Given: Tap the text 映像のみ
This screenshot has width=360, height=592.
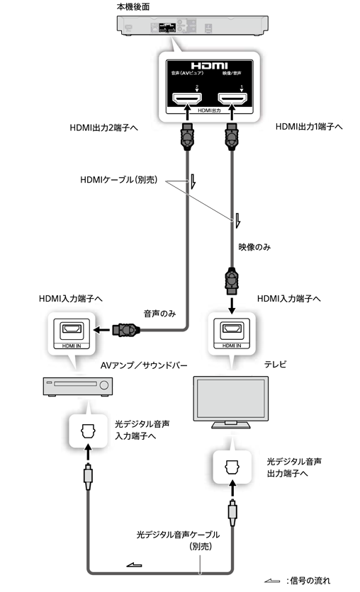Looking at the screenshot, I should pyautogui.click(x=255, y=249).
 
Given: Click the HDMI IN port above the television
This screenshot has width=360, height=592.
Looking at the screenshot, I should pyautogui.click(x=230, y=330).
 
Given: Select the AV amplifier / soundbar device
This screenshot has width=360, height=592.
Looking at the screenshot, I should pyautogui.click(x=76, y=386).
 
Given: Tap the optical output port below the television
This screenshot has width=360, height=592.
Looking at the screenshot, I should pyautogui.click(x=231, y=467).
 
